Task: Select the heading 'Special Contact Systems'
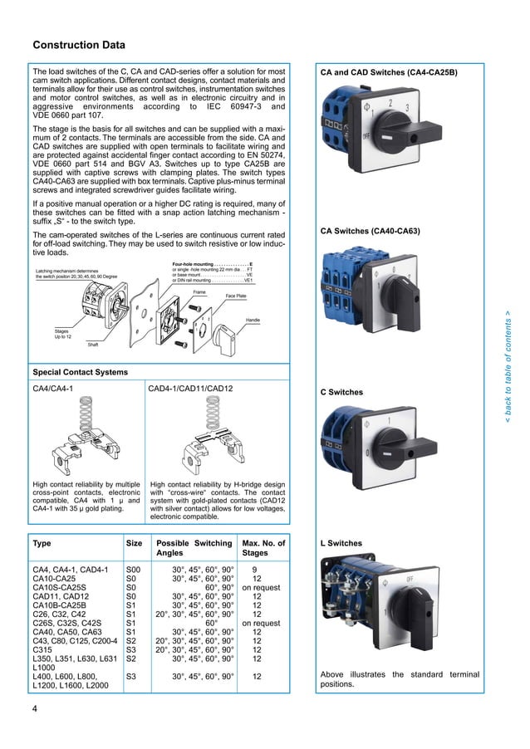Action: pyautogui.click(x=80, y=371)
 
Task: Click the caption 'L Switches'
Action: pyautogui.click(x=342, y=544)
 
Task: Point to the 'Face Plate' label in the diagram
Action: pyautogui.click(x=238, y=296)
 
